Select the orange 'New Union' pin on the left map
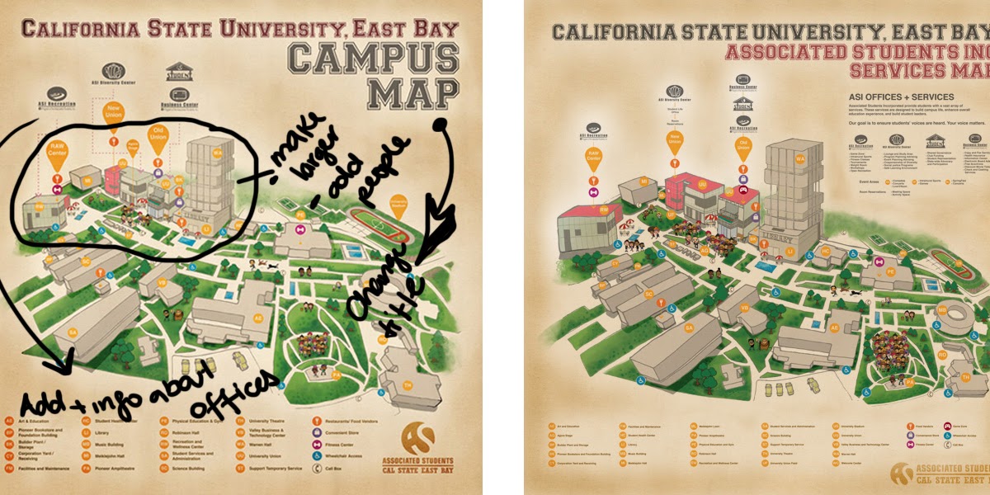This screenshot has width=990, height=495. [x=113, y=112]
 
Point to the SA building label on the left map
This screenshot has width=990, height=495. [x=73, y=332]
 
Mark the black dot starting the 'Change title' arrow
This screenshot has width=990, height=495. [x=441, y=125]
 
